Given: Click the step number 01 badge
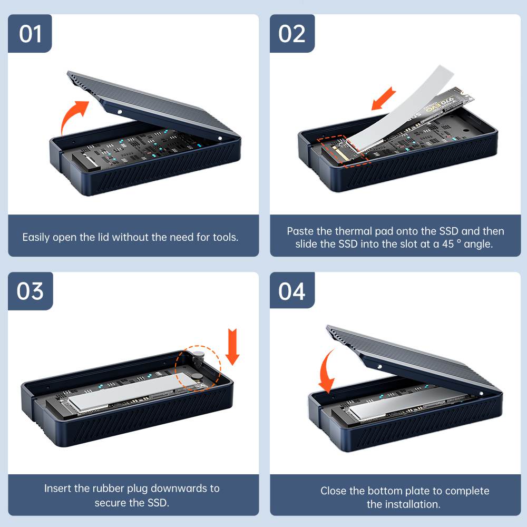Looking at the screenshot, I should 30,34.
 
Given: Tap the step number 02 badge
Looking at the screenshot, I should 292,34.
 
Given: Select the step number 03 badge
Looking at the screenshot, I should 30,291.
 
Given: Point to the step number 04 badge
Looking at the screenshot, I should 292,291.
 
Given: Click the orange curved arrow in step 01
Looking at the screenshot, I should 73,116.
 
